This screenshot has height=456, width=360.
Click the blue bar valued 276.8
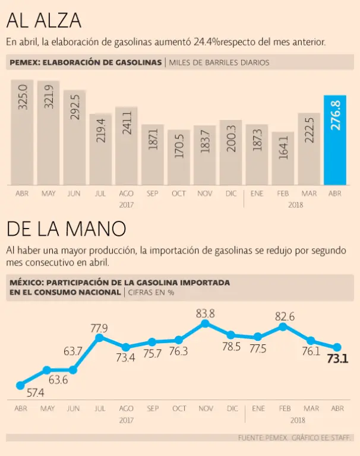335,140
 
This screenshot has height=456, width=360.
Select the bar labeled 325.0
23,132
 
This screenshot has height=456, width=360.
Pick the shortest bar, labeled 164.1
283,159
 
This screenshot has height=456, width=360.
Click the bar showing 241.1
127,145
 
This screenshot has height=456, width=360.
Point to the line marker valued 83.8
205,324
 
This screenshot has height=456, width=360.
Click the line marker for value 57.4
20,385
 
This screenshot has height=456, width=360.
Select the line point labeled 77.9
100,337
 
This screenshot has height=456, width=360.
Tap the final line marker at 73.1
337,347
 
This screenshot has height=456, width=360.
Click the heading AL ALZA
43,21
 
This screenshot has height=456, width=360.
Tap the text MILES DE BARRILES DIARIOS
220,62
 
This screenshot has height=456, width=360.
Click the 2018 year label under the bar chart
295,204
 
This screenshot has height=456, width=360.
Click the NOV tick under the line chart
205,408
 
